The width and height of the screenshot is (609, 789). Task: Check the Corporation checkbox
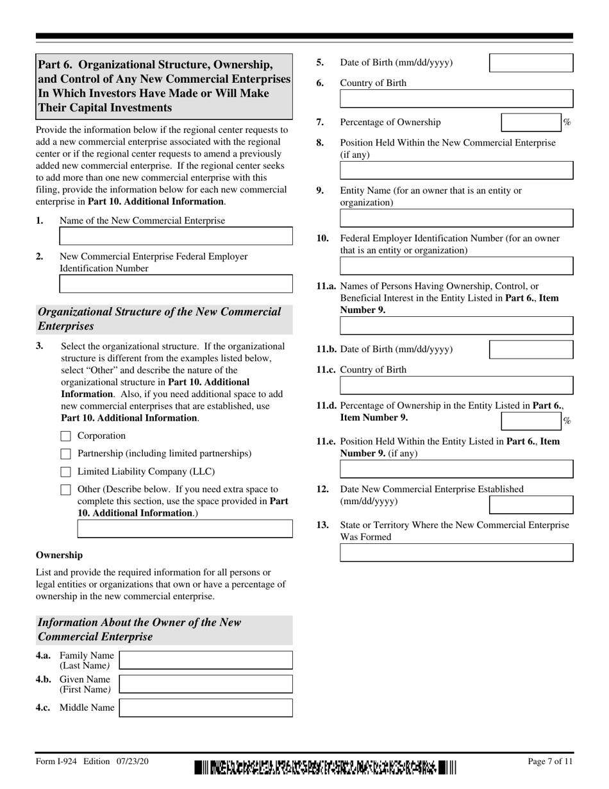[x=65, y=436]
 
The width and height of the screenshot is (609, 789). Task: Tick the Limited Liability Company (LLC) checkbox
[x=65, y=472]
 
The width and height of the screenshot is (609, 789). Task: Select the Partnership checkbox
[x=65, y=454]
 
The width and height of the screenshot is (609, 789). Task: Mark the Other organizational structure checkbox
[x=65, y=490]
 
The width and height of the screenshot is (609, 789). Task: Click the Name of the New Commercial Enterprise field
[x=176, y=236]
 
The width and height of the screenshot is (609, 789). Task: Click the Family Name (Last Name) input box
[x=206, y=660]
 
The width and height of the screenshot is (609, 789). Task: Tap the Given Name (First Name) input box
[x=206, y=684]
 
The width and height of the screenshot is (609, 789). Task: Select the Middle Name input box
[x=206, y=708]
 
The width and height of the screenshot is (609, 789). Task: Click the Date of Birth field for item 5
[x=531, y=63]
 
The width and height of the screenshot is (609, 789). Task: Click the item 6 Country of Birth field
[x=456, y=98]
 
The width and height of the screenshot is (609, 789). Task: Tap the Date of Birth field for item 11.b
[x=531, y=350]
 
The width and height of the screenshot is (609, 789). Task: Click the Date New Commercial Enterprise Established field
[x=531, y=505]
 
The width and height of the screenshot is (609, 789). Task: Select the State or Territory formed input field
[x=456, y=553]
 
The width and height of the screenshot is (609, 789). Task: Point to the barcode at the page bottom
[x=325, y=768]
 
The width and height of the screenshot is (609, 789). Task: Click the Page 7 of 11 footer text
[x=549, y=761]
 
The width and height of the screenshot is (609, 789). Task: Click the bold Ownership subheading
[x=59, y=555]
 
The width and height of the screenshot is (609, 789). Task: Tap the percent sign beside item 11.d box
[x=567, y=421]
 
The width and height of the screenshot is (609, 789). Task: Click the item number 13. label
[x=322, y=525]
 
